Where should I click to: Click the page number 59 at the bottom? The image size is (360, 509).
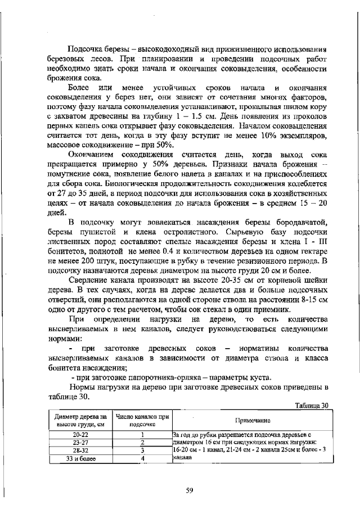tap(190, 490)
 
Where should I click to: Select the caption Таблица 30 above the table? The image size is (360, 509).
tap(311, 405)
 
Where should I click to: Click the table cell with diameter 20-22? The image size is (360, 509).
tap(80, 435)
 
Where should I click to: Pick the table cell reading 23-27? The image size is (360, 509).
tap(80, 443)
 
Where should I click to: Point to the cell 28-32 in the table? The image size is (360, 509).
tap(80, 451)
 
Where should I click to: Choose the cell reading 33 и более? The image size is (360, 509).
tap(80, 458)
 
